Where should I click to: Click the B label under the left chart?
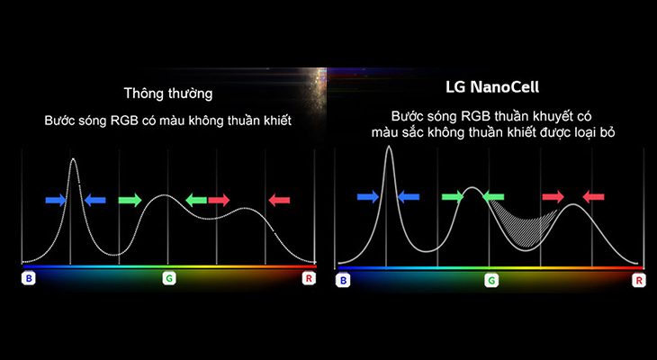(x=29, y=279)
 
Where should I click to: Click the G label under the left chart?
(x=168, y=279)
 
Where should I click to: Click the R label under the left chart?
(x=309, y=279)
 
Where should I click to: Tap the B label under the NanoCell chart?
(x=343, y=281)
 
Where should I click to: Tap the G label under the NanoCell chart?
(x=491, y=281)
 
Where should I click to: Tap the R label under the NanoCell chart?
(x=639, y=281)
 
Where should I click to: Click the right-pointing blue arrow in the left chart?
(x=56, y=200)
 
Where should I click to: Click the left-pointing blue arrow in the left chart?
(x=94, y=200)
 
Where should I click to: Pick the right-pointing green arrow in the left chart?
(x=130, y=200)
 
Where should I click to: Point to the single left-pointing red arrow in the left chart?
(x=279, y=200)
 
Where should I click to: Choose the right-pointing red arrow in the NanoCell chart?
(x=553, y=196)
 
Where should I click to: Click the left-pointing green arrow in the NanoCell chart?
(x=493, y=196)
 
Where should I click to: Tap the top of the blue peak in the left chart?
(x=73, y=160)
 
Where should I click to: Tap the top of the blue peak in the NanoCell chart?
(x=389, y=148)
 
